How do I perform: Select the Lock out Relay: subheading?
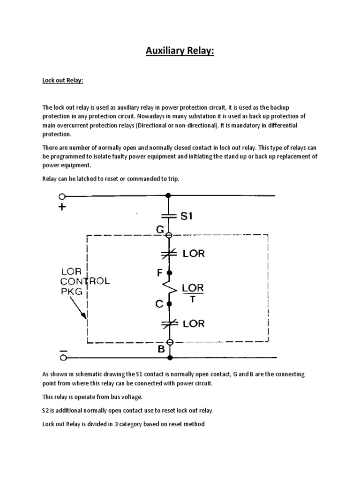coord(63,81)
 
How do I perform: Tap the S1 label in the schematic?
coord(186,216)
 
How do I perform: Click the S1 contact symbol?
coord(170,216)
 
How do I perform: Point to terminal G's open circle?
coord(170,235)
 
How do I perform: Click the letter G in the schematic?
coord(160,229)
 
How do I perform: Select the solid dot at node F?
coord(170,272)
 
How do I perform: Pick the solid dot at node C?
coord(170,304)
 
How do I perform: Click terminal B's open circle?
coord(170,343)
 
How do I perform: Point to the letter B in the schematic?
coord(161,349)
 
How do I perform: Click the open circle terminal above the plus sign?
coord(62,196)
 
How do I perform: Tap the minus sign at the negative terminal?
coord(63,350)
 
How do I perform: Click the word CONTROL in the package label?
coord(85,282)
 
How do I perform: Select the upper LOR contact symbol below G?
coord(170,254)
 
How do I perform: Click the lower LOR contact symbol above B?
coord(170,323)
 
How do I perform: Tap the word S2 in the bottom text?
coord(46,411)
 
